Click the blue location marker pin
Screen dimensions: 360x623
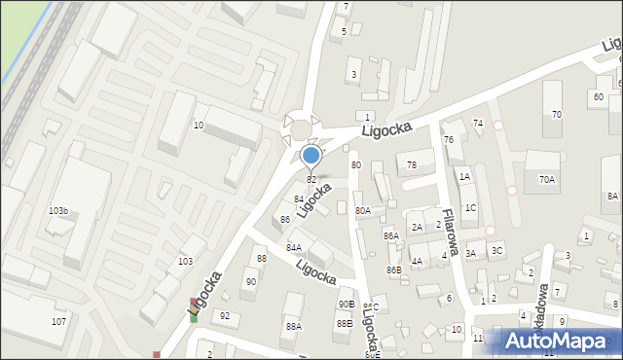pyautogui.click(x=311, y=156)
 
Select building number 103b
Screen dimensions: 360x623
pyautogui.click(x=58, y=211)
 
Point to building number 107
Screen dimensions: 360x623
pyautogui.click(x=58, y=321)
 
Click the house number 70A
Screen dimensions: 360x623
pyautogui.click(x=547, y=179)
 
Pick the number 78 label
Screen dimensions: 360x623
pyautogui.click(x=412, y=165)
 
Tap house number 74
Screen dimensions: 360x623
pyautogui.click(x=478, y=123)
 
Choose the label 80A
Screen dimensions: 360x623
pyautogui.click(x=362, y=210)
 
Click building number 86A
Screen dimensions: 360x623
pyautogui.click(x=391, y=235)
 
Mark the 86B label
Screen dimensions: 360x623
pyautogui.click(x=393, y=270)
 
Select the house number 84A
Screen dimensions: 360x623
pyautogui.click(x=293, y=247)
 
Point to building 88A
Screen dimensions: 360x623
pyautogui.click(x=293, y=327)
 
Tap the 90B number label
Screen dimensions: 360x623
pyautogui.click(x=346, y=305)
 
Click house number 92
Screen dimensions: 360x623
pyautogui.click(x=225, y=316)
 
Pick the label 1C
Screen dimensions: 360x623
pyautogui.click(x=470, y=208)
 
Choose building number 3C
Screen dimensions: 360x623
pyautogui.click(x=496, y=251)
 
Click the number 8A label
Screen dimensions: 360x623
pyautogui.click(x=612, y=197)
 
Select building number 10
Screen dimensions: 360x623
pyautogui.click(x=199, y=125)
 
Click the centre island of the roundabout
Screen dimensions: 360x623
pyautogui.click(x=301, y=129)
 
